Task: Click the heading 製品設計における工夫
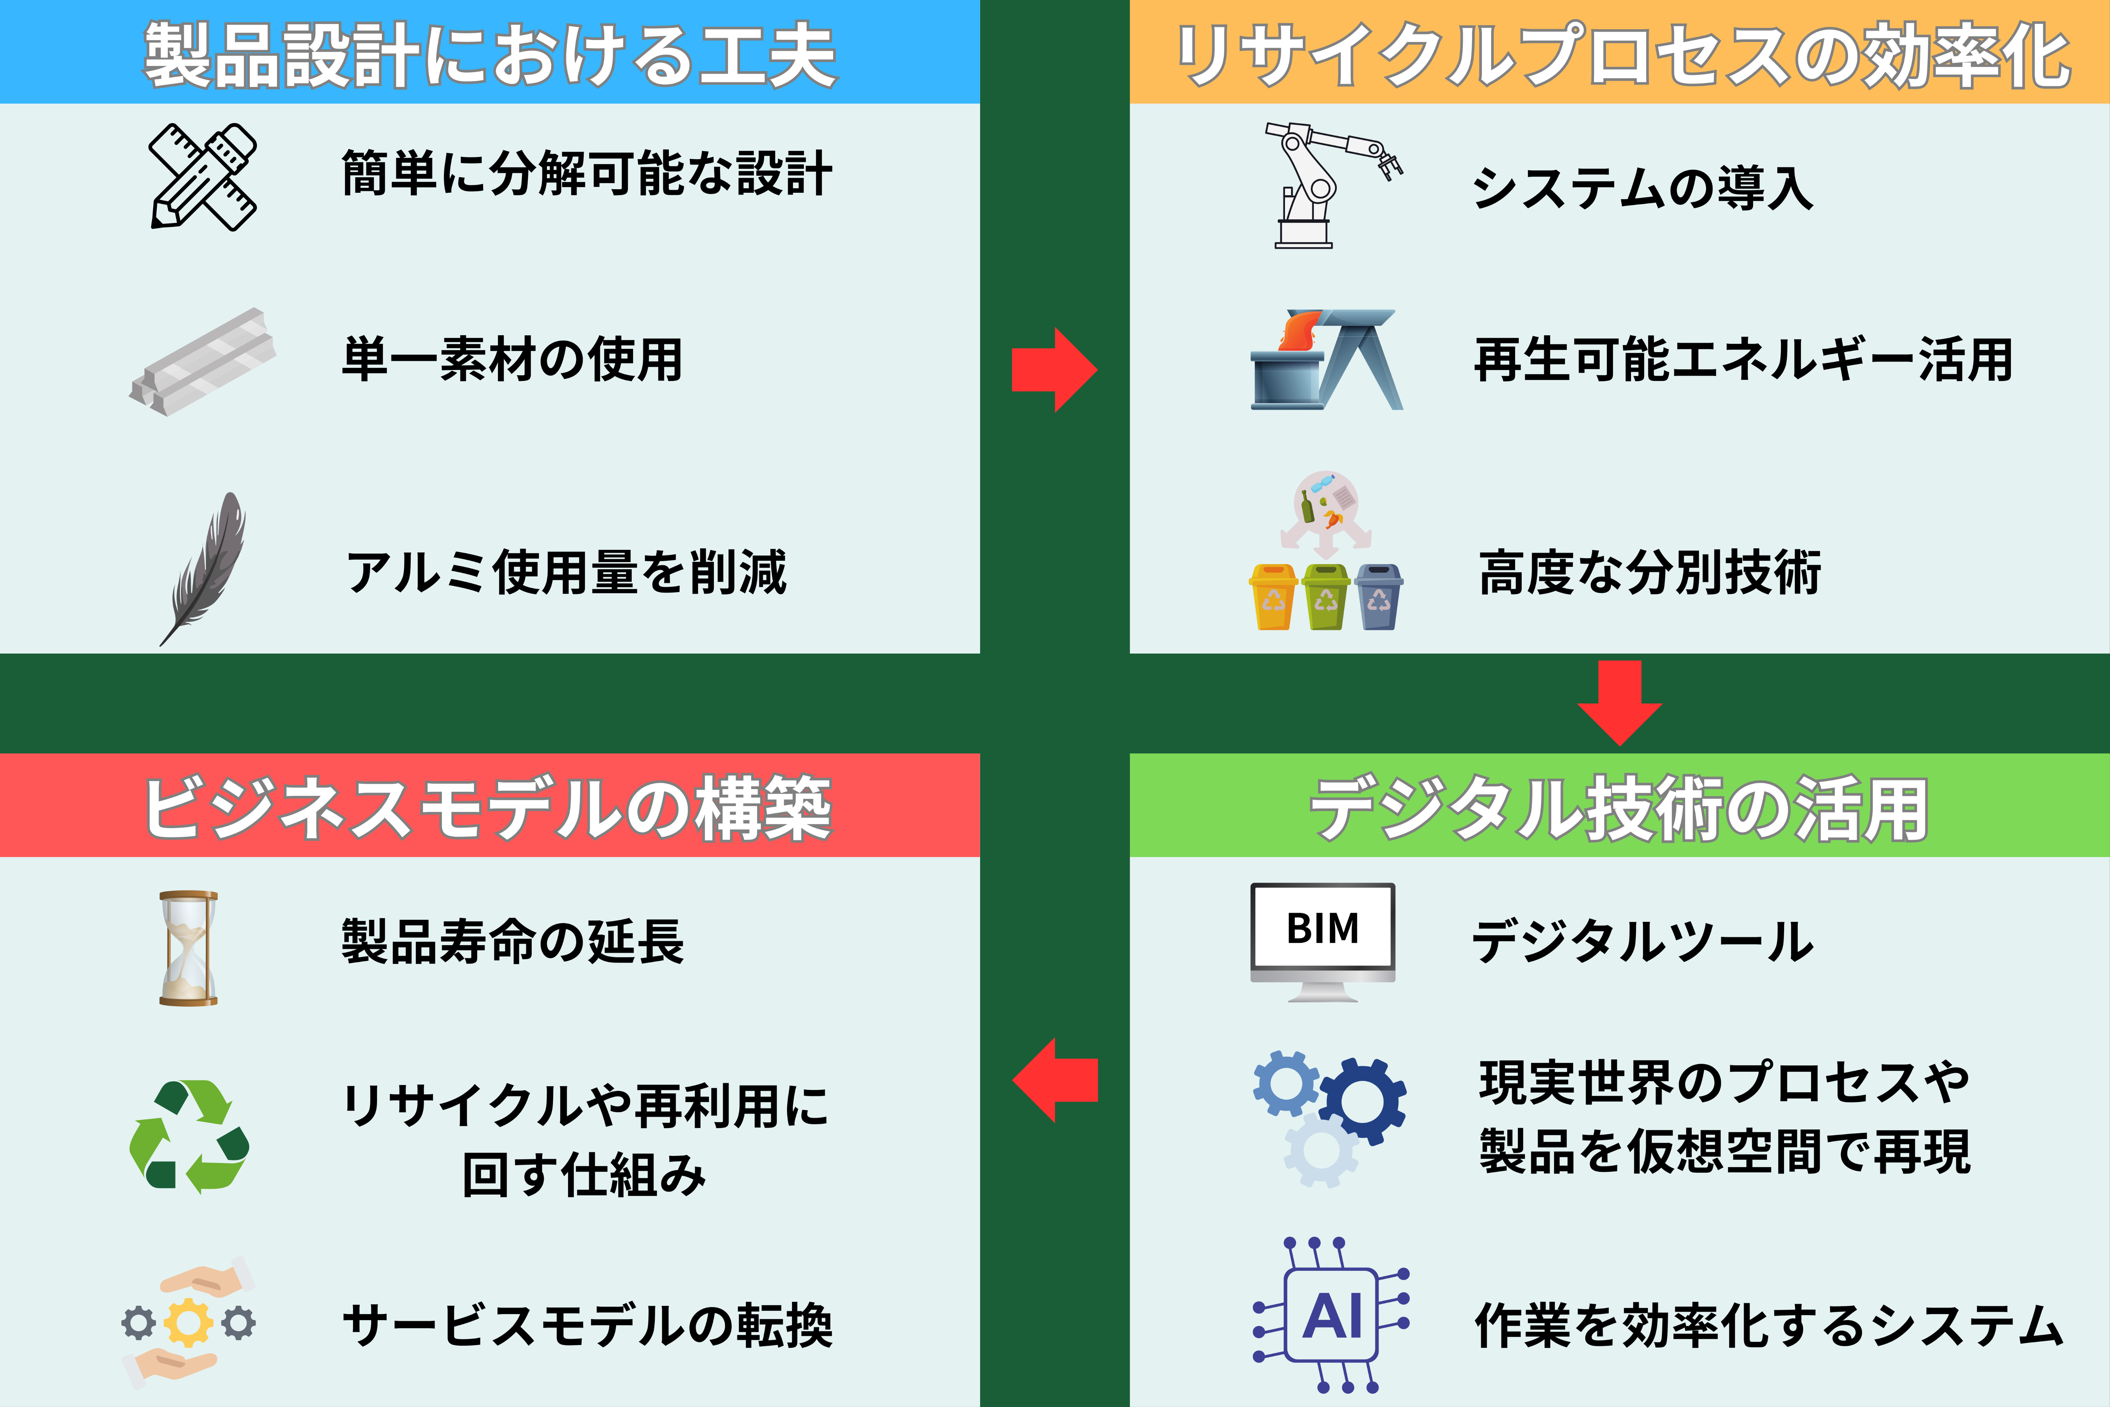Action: (x=490, y=56)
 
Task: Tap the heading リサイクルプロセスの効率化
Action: (x=1622, y=56)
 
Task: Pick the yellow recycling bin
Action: (x=1273, y=597)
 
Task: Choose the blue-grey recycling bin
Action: (x=1379, y=597)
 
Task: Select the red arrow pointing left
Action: (x=1055, y=1080)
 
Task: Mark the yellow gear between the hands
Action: (x=188, y=1323)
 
